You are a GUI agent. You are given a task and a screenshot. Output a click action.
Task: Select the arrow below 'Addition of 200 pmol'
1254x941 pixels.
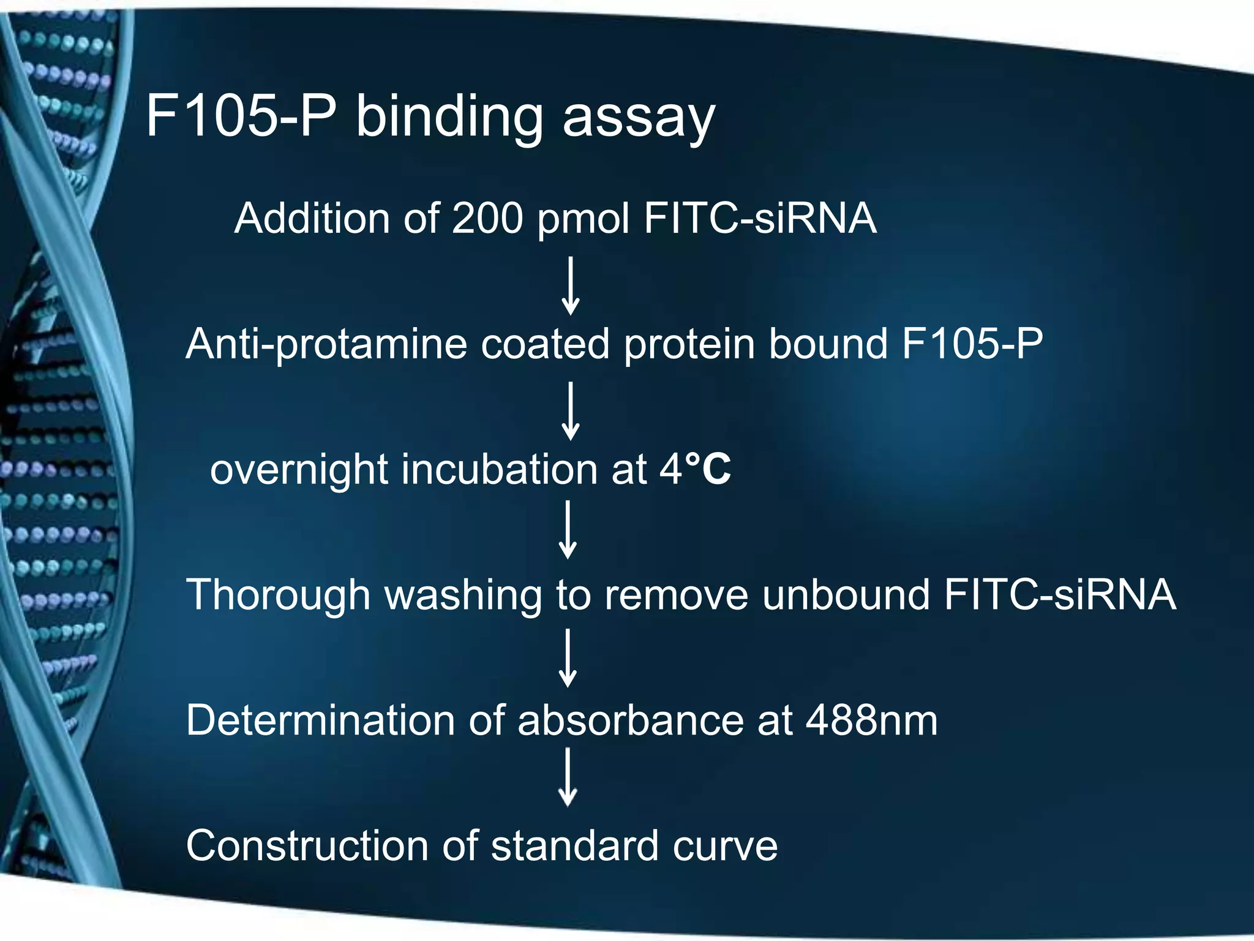571,286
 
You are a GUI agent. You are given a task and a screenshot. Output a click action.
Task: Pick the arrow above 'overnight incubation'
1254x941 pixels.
571,411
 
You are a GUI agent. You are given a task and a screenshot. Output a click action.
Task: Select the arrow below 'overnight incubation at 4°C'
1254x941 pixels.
568,530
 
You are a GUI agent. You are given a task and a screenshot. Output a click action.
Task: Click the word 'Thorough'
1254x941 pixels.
279,595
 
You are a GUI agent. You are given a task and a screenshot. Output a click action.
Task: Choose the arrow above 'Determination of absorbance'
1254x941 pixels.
568,659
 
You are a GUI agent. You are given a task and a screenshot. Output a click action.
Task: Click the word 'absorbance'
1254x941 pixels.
630,720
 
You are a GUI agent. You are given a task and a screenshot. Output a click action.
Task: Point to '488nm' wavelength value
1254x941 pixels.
871,720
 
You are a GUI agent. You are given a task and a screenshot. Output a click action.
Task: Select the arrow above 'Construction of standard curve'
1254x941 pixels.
568,777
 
